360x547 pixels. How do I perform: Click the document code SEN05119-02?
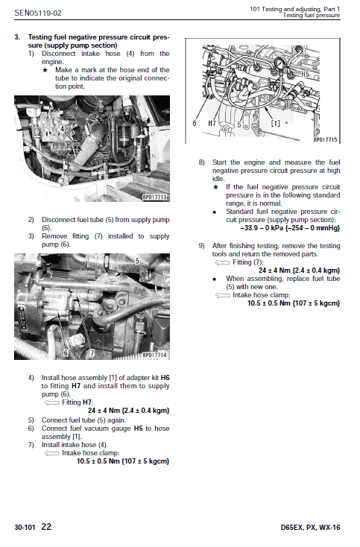[x=38, y=13]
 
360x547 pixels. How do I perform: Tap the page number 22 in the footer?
[x=46, y=526]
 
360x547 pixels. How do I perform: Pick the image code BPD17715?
[x=324, y=139]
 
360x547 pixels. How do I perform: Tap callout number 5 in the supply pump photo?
[x=137, y=261]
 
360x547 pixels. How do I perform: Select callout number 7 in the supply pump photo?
[x=92, y=351]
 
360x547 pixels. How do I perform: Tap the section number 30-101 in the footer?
[x=25, y=527]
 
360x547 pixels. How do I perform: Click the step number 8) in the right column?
[x=201, y=162]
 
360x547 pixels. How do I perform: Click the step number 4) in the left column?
[x=31, y=378]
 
